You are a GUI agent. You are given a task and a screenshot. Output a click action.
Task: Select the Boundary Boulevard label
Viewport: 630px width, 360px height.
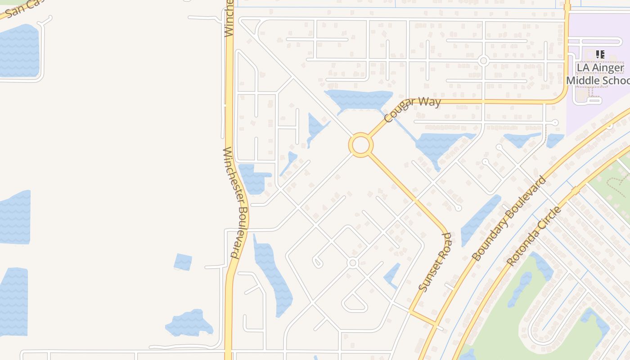[x=509, y=219]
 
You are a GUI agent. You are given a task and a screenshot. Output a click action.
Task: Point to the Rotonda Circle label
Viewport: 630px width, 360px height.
[x=534, y=236]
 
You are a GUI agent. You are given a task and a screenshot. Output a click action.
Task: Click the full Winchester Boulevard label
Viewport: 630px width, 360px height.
[x=237, y=202]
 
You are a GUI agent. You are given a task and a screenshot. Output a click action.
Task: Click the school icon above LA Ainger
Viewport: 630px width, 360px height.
[x=600, y=54]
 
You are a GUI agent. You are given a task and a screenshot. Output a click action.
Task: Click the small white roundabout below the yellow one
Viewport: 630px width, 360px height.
[x=353, y=263]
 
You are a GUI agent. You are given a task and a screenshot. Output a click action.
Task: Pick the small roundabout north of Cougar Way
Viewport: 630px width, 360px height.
[x=484, y=60]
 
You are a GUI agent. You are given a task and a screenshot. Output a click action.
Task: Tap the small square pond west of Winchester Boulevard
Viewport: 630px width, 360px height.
[x=183, y=262]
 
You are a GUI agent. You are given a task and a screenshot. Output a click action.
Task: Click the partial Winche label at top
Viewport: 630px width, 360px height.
[x=229, y=18]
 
